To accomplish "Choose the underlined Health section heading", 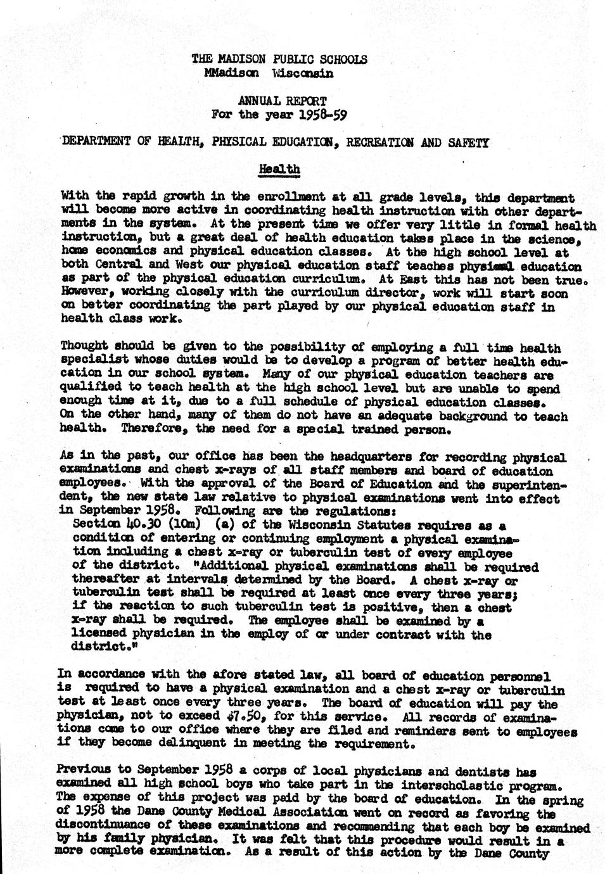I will point(279,170).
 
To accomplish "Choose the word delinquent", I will point(161,744).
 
